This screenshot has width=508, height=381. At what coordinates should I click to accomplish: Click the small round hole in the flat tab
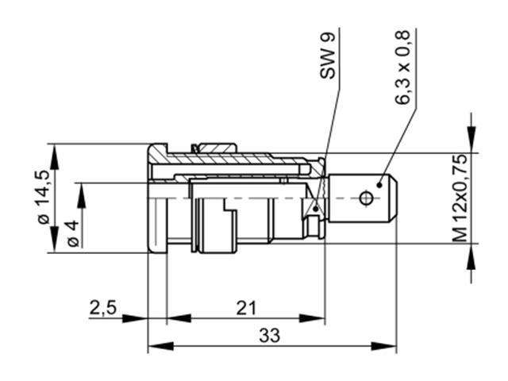coord(367,197)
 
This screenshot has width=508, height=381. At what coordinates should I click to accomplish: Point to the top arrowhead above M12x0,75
coord(474,143)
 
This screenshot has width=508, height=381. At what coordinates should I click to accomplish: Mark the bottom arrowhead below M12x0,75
coord(474,252)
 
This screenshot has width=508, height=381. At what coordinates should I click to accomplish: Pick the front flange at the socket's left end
coord(157,198)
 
